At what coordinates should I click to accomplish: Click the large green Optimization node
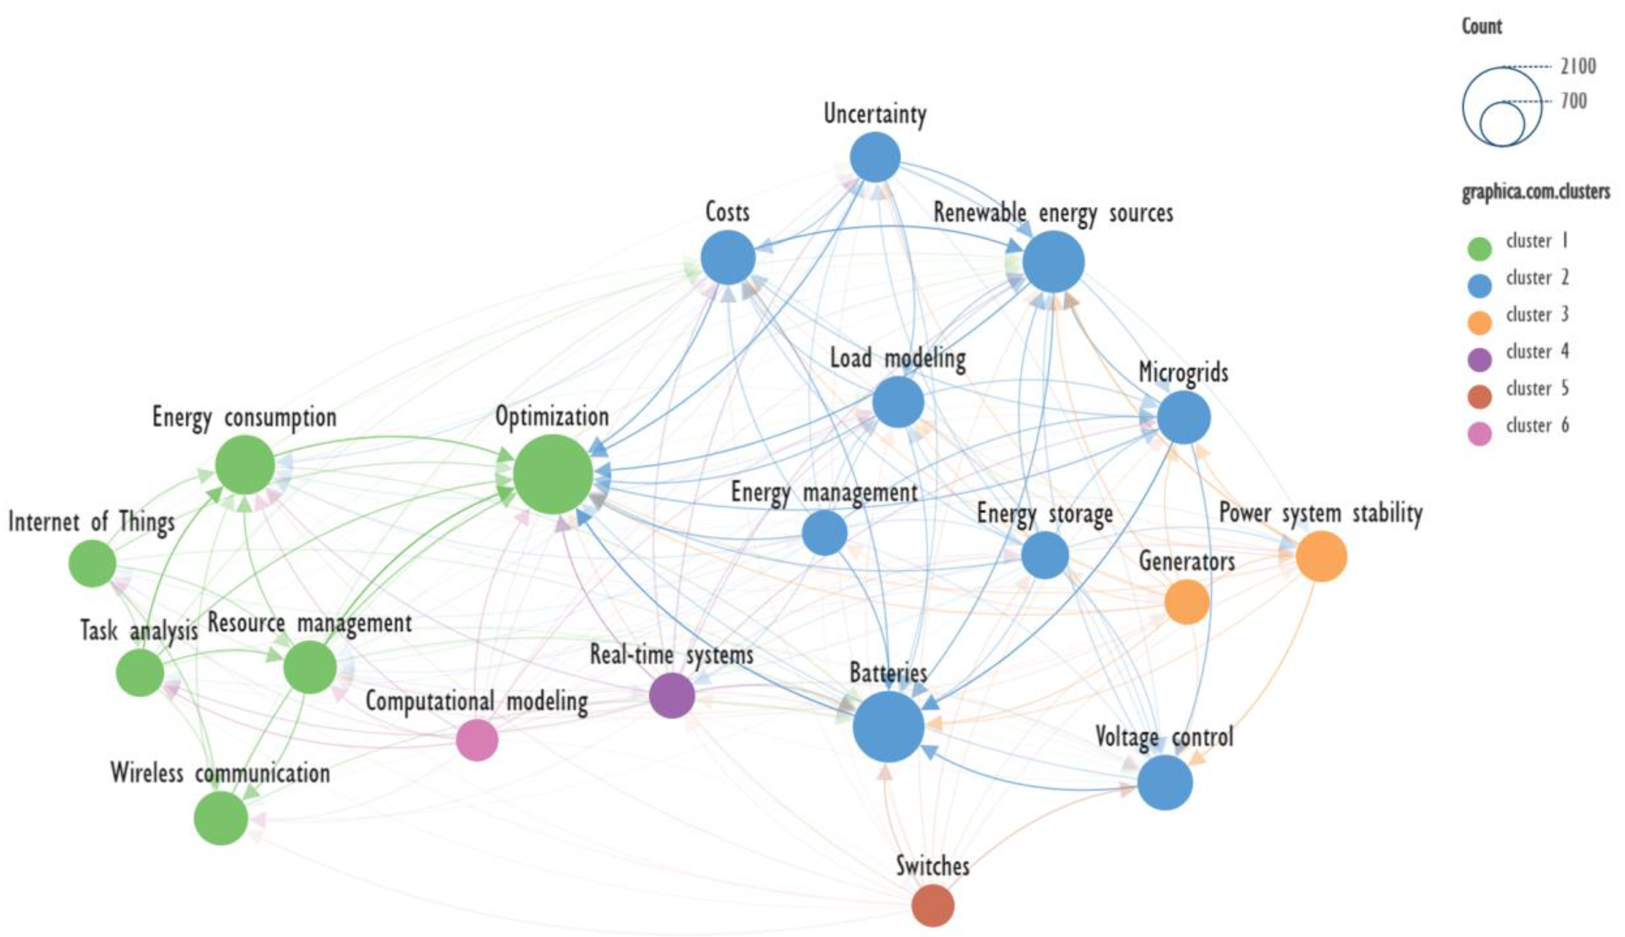coord(553,474)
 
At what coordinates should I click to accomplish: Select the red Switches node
coord(933,905)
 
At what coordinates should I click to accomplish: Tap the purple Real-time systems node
coord(672,695)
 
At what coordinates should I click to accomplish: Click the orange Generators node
coord(1187,602)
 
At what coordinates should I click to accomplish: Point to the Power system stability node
coord(1321,556)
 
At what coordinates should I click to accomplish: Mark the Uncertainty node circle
coord(875,157)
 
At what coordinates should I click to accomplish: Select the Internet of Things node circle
coord(93,563)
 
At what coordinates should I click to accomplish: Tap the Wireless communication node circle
coord(221,817)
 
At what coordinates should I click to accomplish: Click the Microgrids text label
coord(1183,372)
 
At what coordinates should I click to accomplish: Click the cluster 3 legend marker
coord(1479,322)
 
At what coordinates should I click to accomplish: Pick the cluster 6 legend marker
coord(1479,433)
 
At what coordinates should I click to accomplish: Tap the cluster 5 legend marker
coord(1479,396)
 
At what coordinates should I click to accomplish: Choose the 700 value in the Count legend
coord(1574,101)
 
